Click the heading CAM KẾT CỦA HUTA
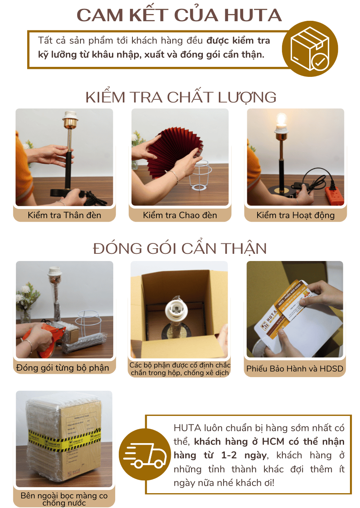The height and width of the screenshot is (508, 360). tap(180, 15)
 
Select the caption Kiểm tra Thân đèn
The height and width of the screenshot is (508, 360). tap(64, 215)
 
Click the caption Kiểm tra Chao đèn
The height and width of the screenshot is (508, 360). tap(180, 215)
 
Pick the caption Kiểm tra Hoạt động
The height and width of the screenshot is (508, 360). tap(295, 215)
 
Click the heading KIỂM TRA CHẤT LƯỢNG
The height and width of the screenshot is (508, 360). tap(181, 97)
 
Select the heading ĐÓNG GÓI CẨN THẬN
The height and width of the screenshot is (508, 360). tap(180, 249)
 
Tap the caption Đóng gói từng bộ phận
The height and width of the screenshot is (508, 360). tap(63, 368)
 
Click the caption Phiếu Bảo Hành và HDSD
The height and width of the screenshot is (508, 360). tap(295, 368)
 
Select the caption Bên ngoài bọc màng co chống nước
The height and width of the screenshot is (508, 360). tap(64, 499)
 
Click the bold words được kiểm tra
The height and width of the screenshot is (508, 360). tap(238, 40)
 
